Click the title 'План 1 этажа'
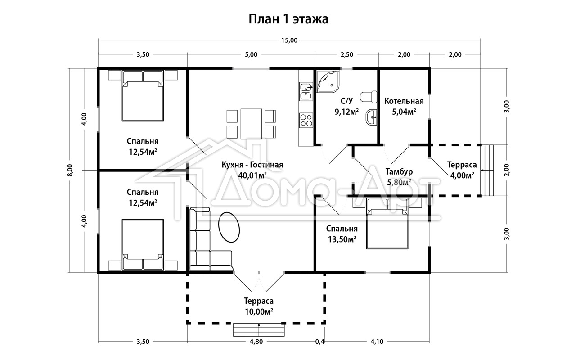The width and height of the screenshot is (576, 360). click(288, 19)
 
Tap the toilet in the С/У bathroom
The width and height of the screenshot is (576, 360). click(368, 97)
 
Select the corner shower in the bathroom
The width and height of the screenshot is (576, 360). click(328, 81)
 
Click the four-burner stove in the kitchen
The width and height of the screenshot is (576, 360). click(306, 120)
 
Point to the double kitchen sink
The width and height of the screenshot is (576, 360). click(306, 91)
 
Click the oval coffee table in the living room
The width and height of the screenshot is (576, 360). click(229, 227)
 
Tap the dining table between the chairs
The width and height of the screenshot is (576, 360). click(251, 124)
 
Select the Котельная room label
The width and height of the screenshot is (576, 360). click(404, 101)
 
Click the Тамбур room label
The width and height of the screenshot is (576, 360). click(399, 171)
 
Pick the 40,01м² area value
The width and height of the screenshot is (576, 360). click(252, 175)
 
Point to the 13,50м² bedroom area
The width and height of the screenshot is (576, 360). click(342, 239)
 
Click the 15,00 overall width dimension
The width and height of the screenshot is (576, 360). click(289, 40)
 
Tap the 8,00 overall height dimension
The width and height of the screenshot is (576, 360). click(70, 170)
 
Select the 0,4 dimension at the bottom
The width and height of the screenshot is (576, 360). click(319, 342)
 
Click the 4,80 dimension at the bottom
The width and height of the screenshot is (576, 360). click(256, 342)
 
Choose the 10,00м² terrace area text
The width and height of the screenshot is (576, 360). click(259, 312)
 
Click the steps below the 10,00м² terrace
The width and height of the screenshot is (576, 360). click(259, 330)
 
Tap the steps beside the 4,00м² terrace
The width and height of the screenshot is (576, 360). click(487, 171)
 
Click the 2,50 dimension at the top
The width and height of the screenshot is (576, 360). click(347, 54)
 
